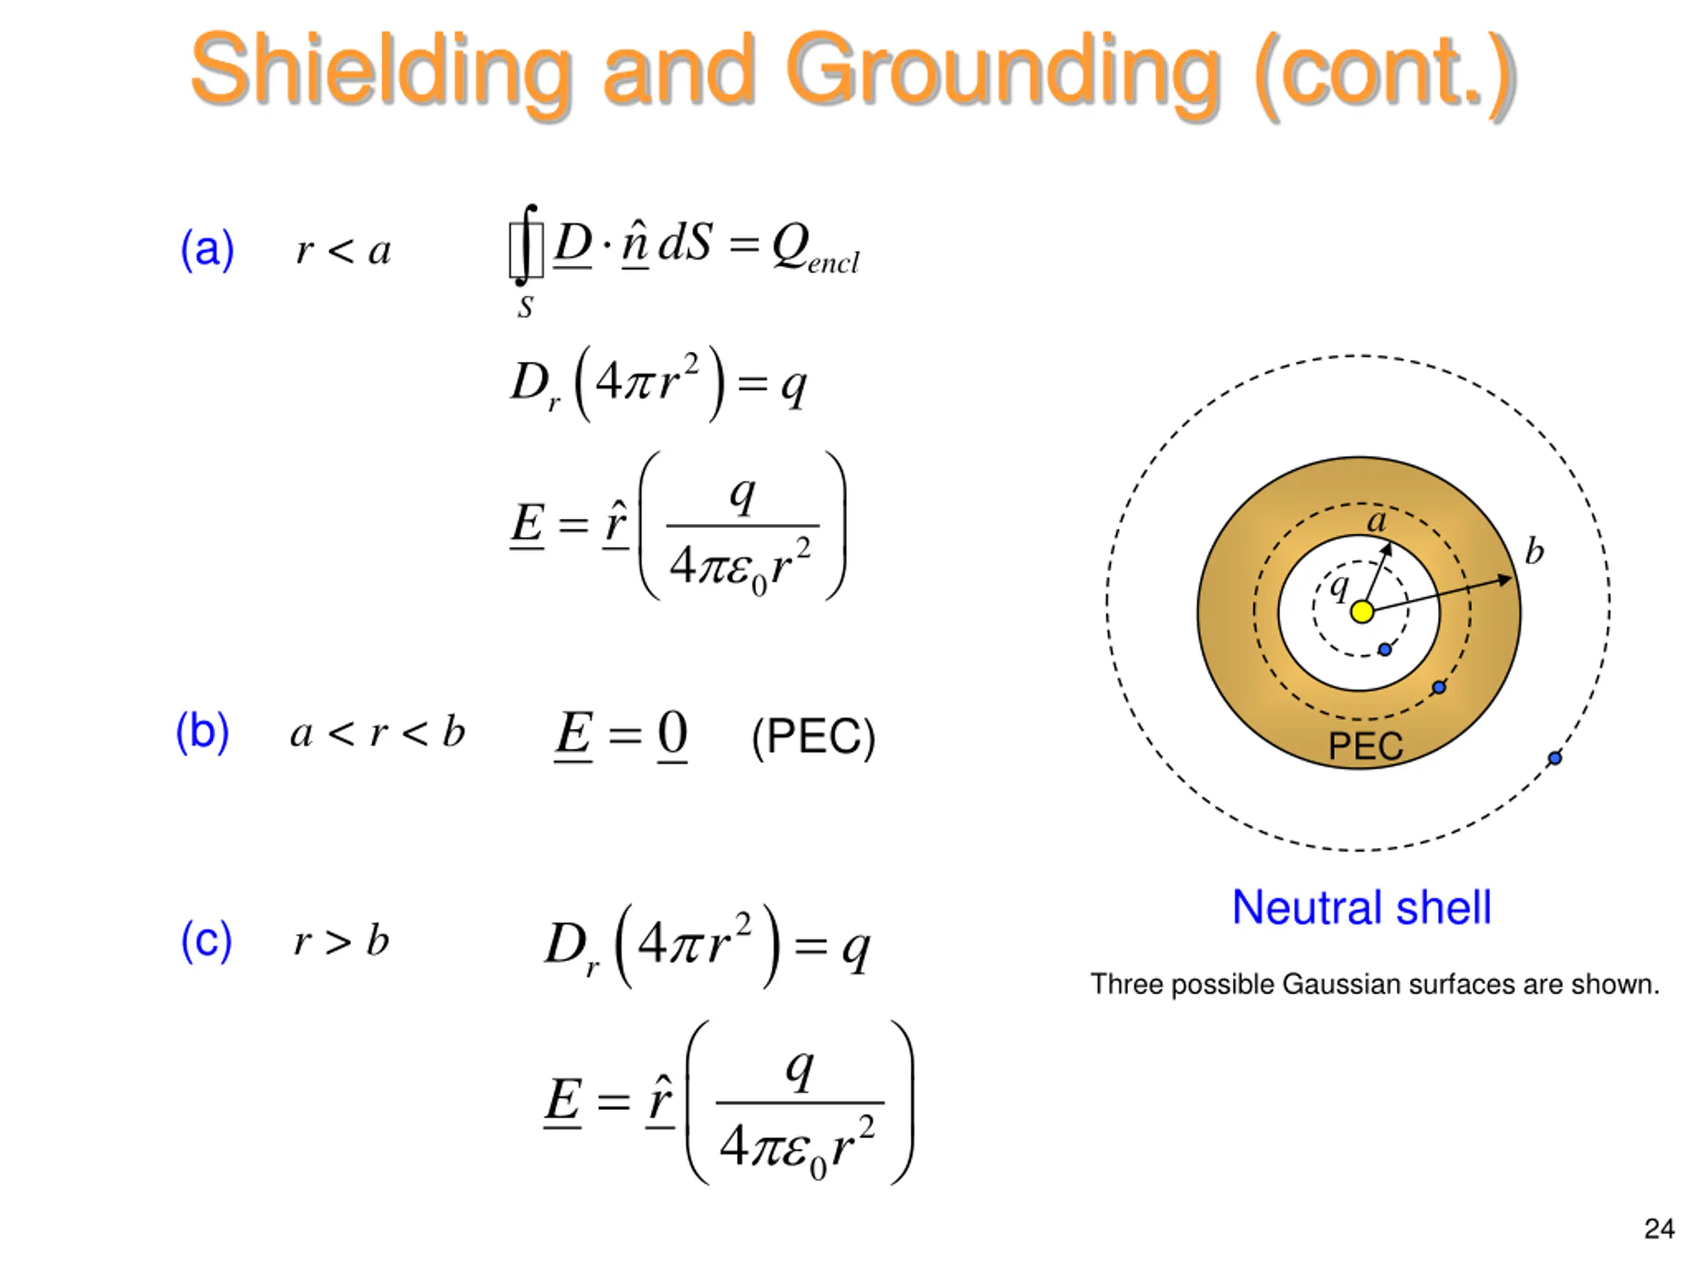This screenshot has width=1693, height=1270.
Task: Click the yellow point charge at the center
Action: pos(1362,612)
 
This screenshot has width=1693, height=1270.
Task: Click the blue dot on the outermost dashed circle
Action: pos(1555,758)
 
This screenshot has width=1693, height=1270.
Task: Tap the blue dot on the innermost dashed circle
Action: pos(1385,649)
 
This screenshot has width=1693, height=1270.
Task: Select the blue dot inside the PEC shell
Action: pos(1439,687)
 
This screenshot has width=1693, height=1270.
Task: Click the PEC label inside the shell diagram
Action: pos(1366,745)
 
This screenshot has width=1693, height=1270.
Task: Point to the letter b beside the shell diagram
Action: pos(1534,551)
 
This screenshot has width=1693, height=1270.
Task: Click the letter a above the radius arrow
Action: pos(1377,522)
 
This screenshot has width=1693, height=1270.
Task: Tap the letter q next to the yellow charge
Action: pos(1339,587)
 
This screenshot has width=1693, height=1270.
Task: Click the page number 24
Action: pos(1659,1229)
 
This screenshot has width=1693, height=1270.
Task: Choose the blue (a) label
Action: pos(206,249)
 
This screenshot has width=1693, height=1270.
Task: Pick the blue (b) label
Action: pos(202,731)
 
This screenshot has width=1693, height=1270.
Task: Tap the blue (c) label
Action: pos(206,940)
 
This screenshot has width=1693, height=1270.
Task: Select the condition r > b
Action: pos(341,941)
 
